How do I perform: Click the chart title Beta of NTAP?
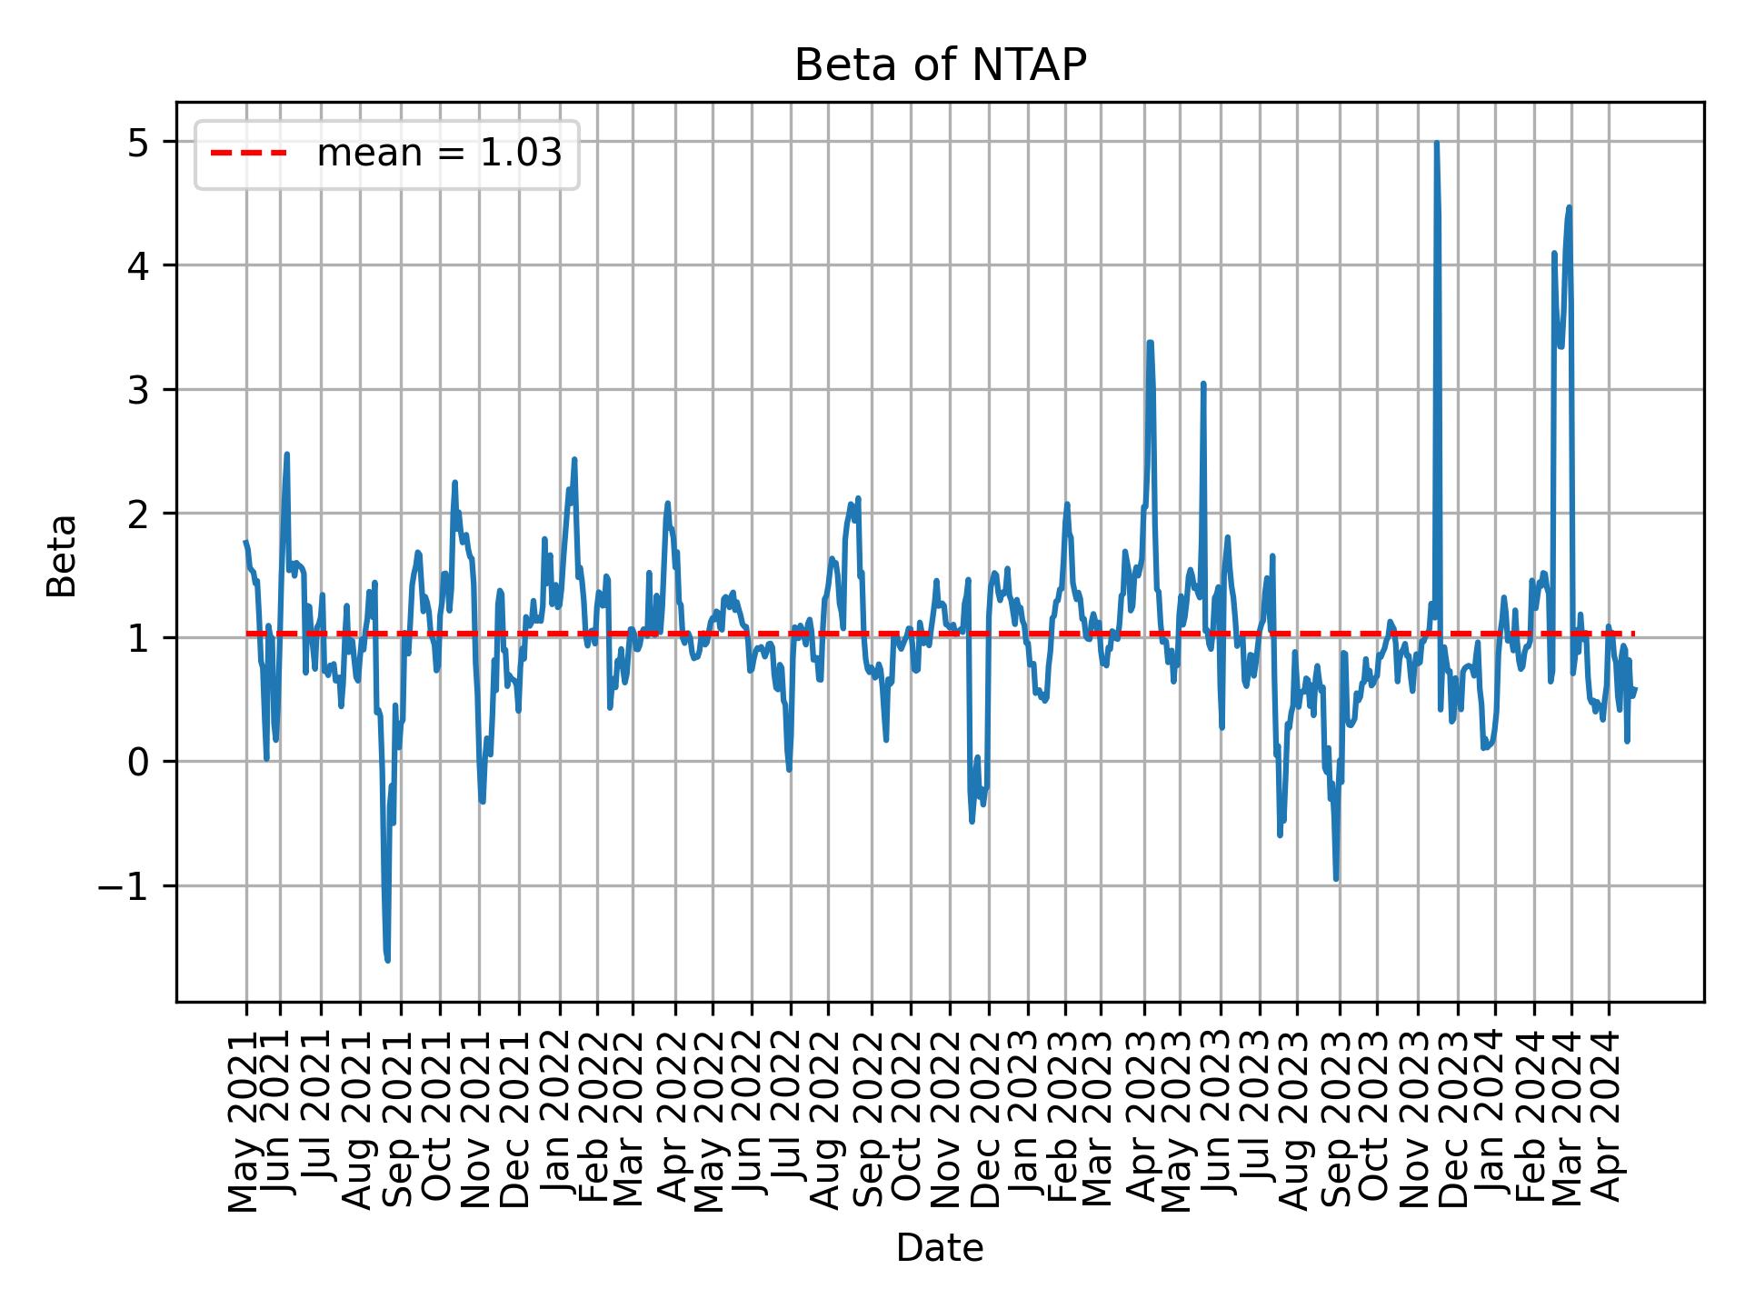coord(940,65)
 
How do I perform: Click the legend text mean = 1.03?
coord(439,154)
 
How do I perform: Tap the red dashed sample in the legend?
coord(249,154)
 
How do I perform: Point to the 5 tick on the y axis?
coord(139,142)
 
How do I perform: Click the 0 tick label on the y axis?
coord(139,762)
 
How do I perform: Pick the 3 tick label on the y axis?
coord(139,390)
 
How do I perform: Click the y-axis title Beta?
coord(62,555)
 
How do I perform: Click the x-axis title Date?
coord(940,1248)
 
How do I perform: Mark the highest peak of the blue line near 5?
coord(1436,144)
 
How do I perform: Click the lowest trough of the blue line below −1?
coord(388,960)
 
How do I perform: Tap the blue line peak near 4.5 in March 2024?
coord(1569,208)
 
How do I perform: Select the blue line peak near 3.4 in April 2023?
coord(1151,343)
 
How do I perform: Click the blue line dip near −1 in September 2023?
coord(1336,878)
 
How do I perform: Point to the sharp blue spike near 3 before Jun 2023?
coord(1203,384)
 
